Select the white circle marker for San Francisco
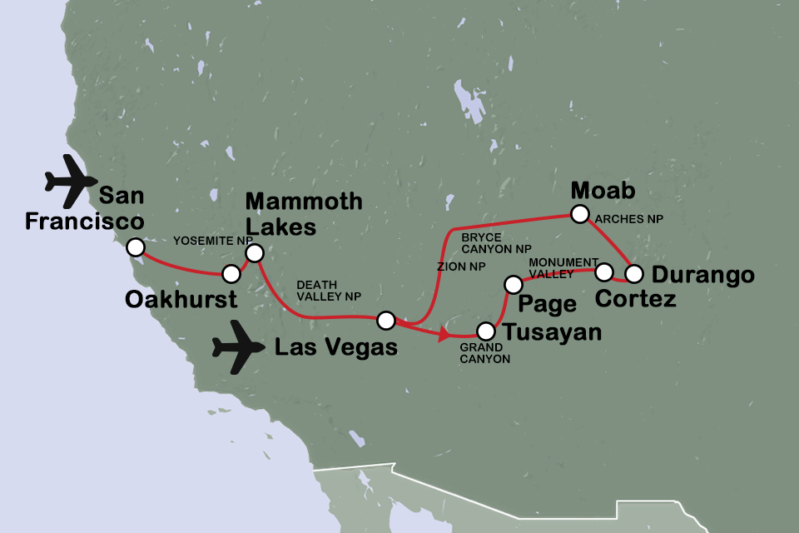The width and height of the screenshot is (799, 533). click(134, 247)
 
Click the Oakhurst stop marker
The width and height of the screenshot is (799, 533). click(231, 273)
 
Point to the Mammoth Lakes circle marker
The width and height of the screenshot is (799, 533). click(255, 252)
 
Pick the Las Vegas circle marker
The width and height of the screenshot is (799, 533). click(385, 320)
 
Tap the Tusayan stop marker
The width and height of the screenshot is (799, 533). click(484, 331)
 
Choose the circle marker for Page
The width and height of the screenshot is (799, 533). click(513, 286)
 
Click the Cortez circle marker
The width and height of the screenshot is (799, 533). click(604, 271)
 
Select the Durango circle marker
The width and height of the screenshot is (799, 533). click(634, 272)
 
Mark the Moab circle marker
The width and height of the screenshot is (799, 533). click(579, 215)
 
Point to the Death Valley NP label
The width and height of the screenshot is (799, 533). click(332, 289)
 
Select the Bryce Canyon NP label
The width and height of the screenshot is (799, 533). click(496, 242)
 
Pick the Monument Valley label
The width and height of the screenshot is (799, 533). click(563, 268)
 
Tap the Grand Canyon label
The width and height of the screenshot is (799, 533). click(485, 353)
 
